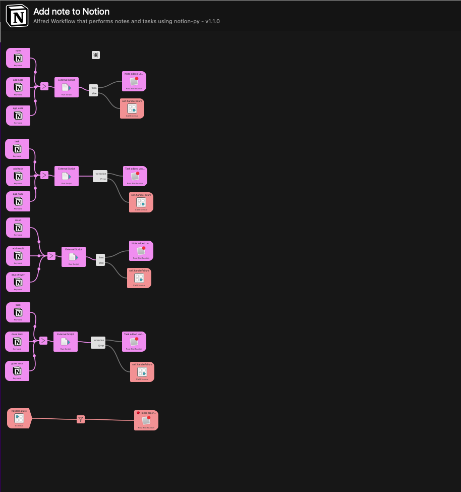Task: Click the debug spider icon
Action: coord(96,54)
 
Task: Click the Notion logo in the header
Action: coord(17,16)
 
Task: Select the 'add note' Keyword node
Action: coord(18,87)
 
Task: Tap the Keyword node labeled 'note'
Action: coord(18,58)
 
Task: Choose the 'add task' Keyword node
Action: coord(18,176)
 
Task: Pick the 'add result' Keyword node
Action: coord(18,256)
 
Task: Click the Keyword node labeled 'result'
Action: coord(18,228)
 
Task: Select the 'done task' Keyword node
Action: coord(17,342)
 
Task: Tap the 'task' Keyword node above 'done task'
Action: coord(18,312)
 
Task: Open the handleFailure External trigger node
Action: coord(19,418)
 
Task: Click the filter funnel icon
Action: coord(81,419)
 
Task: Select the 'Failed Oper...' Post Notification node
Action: coord(146,420)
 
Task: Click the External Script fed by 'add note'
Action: coord(67,87)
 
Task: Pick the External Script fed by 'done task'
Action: coord(66,342)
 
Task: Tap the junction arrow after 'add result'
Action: coord(51,256)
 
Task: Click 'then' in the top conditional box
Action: coord(94,88)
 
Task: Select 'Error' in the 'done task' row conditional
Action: coord(101,346)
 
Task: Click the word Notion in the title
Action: coord(96,12)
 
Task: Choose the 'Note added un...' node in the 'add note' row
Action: coord(134,81)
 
